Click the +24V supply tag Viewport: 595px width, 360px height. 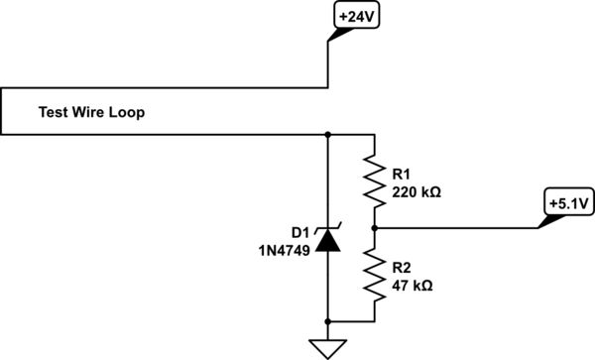(355, 18)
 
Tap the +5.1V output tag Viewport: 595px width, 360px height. (567, 202)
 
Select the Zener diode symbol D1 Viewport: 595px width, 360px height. (327, 238)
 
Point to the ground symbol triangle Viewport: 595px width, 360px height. (327, 346)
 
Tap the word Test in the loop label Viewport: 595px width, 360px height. (53, 113)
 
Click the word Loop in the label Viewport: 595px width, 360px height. (127, 113)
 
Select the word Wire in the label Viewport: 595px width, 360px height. (88, 113)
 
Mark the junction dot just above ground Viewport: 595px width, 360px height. (327, 321)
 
